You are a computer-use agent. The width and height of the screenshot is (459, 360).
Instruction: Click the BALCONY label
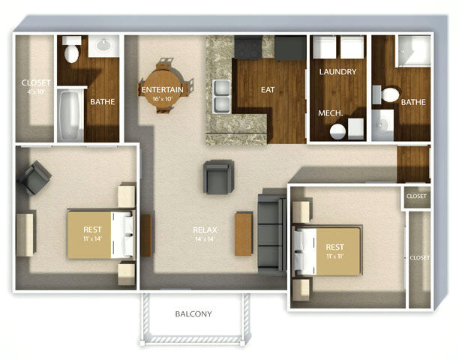pos(193,314)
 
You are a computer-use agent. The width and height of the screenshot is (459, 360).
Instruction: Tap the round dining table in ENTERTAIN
pos(163,86)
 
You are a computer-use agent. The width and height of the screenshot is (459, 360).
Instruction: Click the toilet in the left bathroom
pos(72,49)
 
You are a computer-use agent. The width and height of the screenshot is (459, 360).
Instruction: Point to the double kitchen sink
pos(221,97)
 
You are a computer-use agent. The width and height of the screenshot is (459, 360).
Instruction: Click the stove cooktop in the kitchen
pos(248,47)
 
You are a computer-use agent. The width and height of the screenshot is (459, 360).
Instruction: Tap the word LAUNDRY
pos(337,72)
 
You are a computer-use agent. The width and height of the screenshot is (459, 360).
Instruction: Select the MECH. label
pos(331,113)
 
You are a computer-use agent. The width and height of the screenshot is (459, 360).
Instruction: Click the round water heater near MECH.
pos(337,131)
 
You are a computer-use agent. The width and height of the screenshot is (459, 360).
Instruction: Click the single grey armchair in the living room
pos(218,177)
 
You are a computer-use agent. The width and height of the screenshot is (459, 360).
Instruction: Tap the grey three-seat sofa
pos(272,231)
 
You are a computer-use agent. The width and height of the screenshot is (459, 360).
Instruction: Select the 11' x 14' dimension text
pos(92,238)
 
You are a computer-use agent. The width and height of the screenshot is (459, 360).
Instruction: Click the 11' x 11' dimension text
pos(334,256)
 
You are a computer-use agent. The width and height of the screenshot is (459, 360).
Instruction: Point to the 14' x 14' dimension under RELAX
pos(205,239)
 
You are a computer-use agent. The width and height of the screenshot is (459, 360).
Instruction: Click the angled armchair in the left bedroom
pos(34,178)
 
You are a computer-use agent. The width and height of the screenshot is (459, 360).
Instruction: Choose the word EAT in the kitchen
pos(268,89)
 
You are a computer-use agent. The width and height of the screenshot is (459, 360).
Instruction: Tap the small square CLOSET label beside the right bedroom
pos(416,196)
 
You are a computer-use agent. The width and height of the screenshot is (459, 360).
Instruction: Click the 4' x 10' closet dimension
pos(36,91)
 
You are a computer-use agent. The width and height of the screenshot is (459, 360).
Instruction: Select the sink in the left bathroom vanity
pos(104,45)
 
